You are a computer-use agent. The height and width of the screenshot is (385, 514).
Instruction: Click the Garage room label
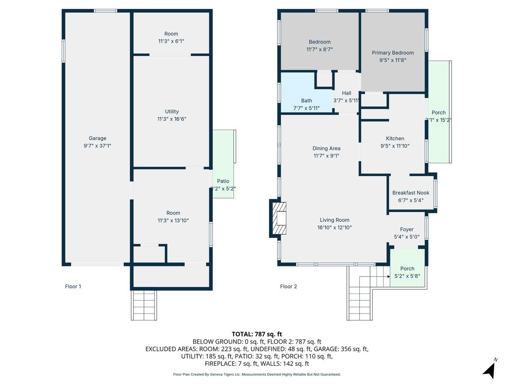point(97,138)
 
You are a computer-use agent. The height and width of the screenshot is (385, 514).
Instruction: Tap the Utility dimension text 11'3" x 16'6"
point(172,119)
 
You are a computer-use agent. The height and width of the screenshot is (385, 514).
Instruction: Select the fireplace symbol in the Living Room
point(279,218)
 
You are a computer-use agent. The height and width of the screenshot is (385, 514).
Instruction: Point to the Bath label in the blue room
point(306,101)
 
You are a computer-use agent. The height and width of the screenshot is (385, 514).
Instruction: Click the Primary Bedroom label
point(392,53)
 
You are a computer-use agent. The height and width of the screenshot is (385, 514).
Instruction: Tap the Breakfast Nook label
point(411,192)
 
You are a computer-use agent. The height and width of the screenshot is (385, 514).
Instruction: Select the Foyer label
point(406,229)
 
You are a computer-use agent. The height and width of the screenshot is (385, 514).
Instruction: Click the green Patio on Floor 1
point(223,171)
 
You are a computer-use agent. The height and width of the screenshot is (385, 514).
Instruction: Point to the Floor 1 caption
point(73,287)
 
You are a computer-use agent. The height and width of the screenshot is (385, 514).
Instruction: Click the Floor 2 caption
point(288,287)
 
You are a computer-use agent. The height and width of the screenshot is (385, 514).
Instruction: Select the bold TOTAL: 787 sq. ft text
point(257,334)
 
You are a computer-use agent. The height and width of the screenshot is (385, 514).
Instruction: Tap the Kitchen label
point(395,138)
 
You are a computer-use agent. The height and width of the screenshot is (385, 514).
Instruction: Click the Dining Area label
point(326,148)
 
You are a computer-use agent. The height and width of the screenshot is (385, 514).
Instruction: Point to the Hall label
point(347,93)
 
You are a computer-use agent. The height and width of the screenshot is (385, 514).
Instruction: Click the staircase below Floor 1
point(144,305)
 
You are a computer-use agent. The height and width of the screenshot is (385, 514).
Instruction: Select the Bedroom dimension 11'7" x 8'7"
point(320,49)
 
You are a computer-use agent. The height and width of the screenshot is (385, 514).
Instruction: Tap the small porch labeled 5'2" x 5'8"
point(407,272)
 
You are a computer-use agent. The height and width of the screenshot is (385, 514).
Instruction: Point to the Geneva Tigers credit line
point(257,374)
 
